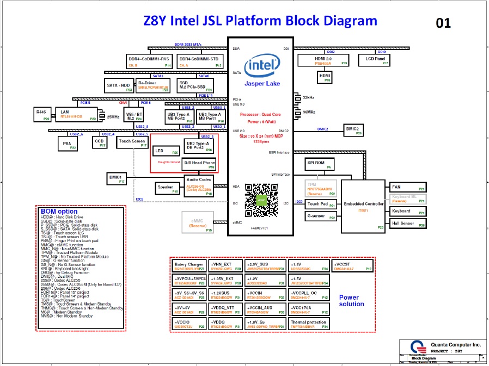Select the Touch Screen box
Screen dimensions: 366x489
pos(132,142)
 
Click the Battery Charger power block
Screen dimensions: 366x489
pos(189,266)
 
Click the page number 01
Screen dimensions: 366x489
pos(443,23)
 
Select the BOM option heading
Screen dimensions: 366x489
pos(59,211)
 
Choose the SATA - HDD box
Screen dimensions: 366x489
pos(118,85)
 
